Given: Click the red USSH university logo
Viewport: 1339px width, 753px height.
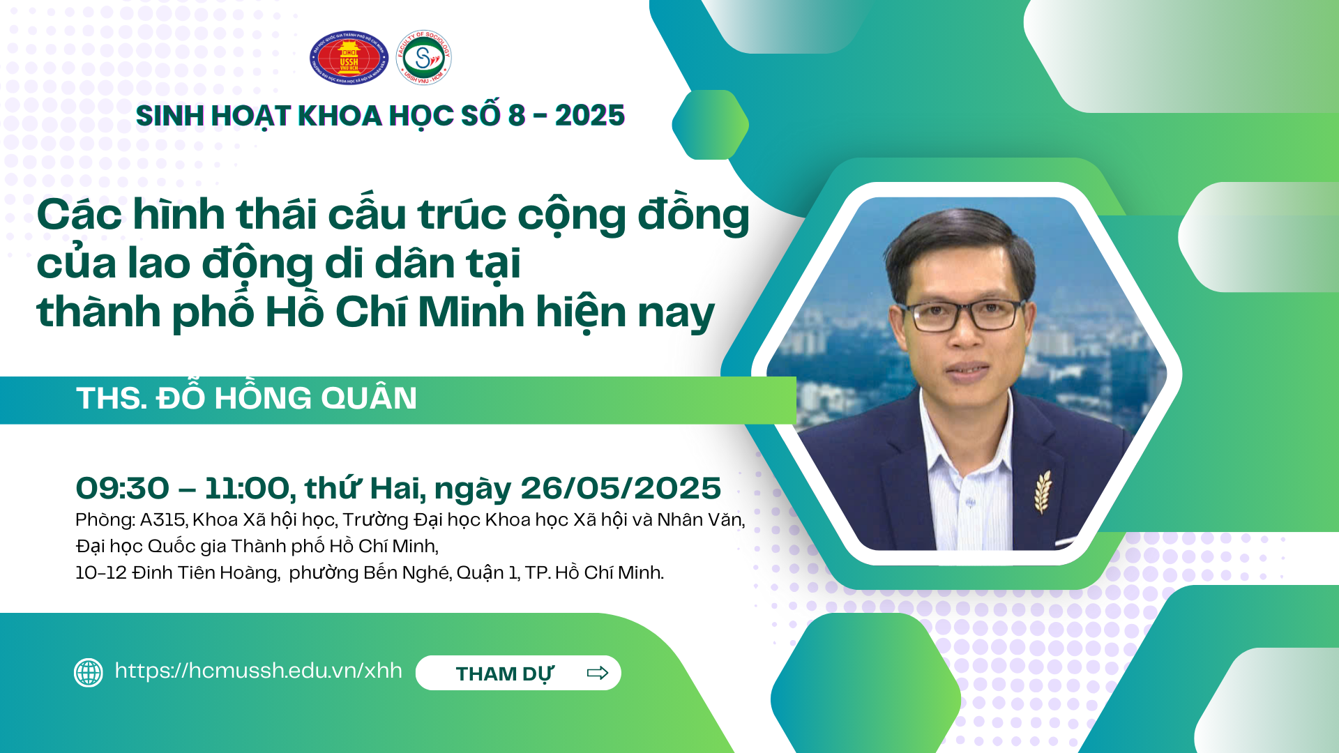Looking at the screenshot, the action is [x=349, y=57].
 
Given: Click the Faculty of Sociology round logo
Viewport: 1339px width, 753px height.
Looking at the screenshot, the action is [x=423, y=57].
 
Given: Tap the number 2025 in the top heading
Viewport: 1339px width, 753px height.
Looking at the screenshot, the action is [x=590, y=116].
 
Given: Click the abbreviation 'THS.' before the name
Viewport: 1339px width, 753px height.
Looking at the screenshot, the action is [x=111, y=399].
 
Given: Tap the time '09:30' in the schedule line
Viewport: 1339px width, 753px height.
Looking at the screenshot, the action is [x=123, y=489].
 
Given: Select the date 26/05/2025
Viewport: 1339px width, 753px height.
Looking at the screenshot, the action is [x=621, y=489].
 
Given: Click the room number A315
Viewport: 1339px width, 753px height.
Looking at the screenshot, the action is [x=162, y=520].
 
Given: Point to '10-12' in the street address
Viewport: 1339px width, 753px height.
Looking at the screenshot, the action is [x=101, y=573].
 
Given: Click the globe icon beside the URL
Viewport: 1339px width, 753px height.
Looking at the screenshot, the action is [x=89, y=673].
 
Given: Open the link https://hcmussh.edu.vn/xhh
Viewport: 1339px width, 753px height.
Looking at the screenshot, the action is [x=259, y=671].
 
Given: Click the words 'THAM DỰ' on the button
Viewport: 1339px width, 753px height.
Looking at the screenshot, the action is [x=505, y=674].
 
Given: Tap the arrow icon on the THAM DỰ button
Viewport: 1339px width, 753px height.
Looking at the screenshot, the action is [x=598, y=673].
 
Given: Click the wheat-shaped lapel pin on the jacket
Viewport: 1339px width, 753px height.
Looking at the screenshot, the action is [x=1043, y=492].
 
